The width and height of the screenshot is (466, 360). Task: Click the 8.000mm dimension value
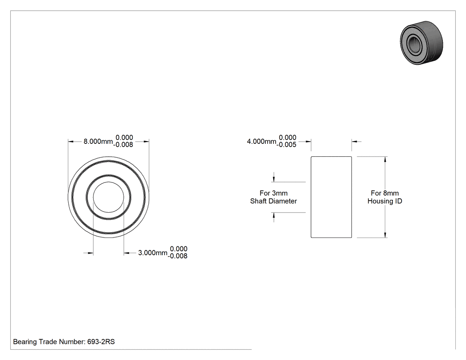(98, 142)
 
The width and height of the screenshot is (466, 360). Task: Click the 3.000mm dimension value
(153, 253)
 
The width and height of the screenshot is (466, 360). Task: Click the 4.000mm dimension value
(261, 142)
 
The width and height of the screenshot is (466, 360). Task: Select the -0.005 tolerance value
(287, 145)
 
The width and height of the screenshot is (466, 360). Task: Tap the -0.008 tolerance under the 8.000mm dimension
(123, 145)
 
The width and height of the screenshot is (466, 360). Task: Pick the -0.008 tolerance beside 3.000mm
(178, 256)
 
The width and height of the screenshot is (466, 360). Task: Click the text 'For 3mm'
(273, 193)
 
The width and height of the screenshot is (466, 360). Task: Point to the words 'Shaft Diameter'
(273, 201)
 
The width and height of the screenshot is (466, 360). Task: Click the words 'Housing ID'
(385, 201)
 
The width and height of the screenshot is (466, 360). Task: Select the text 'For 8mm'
(385, 193)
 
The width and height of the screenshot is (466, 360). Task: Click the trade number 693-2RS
(101, 342)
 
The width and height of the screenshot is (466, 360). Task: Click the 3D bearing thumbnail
(422, 42)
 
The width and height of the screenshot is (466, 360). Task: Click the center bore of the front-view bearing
(108, 197)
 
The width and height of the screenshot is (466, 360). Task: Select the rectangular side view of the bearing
(331, 197)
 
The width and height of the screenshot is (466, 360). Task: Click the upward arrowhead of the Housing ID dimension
(386, 159)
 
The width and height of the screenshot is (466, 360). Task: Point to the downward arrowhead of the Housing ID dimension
(386, 235)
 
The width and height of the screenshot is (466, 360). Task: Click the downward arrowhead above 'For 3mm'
(274, 179)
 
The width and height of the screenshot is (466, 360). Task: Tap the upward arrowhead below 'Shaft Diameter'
(274, 216)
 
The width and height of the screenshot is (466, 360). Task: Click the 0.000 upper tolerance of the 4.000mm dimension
(288, 138)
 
